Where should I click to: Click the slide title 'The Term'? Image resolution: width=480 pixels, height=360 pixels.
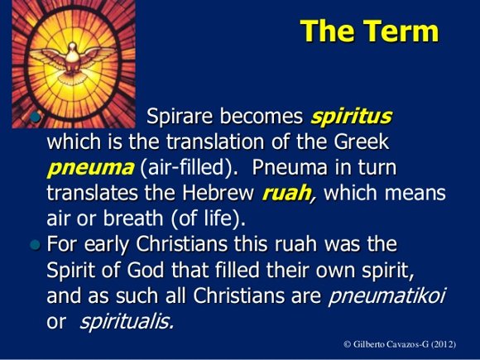pyautogui.click(x=369, y=31)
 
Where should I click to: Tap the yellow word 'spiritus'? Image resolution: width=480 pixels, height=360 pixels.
pyautogui.click(x=351, y=117)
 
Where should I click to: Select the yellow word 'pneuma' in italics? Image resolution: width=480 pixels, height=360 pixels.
pyautogui.click(x=90, y=168)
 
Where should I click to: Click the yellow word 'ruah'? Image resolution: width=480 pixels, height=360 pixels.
pyautogui.click(x=286, y=193)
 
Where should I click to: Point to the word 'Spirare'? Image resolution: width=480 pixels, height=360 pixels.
pyautogui.click(x=180, y=117)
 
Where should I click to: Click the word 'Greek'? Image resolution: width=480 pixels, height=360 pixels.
pyautogui.click(x=361, y=142)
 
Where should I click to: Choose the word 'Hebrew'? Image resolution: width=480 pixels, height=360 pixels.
pyautogui.click(x=218, y=193)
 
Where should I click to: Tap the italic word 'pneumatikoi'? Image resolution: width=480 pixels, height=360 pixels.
pyautogui.click(x=386, y=296)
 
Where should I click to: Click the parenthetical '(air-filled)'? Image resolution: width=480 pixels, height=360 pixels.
pyautogui.click(x=190, y=168)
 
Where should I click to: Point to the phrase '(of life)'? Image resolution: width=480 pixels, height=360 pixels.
pyautogui.click(x=209, y=218)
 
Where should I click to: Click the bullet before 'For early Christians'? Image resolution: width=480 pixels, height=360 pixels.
pyautogui.click(x=36, y=245)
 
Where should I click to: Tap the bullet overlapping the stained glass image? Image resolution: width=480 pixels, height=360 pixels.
pyautogui.click(x=36, y=117)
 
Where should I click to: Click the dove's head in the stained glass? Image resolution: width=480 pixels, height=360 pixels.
pyautogui.click(x=72, y=47)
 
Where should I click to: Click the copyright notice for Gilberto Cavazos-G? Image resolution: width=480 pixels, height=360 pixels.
pyautogui.click(x=400, y=344)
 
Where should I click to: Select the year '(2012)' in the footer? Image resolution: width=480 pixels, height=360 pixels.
pyautogui.click(x=444, y=344)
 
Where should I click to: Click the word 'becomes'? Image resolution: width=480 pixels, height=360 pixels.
pyautogui.click(x=262, y=117)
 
